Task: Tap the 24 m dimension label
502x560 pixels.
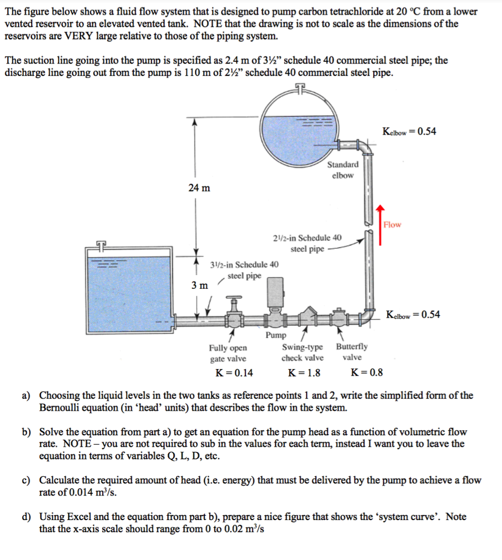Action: tap(199, 188)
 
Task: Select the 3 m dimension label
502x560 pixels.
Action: tap(199, 285)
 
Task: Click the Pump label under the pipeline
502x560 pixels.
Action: tap(275, 335)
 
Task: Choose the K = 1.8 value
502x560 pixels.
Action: tap(304, 373)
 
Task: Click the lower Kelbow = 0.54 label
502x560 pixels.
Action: tap(412, 314)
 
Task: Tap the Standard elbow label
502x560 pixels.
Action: tap(342, 170)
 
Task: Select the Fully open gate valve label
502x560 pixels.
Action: tap(228, 353)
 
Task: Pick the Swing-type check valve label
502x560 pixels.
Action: tap(302, 352)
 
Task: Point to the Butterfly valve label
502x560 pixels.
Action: tap(352, 352)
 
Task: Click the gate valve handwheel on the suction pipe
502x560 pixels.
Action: tap(235, 299)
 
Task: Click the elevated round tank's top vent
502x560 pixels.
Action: tap(299, 89)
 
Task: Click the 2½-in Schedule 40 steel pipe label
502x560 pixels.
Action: tap(307, 243)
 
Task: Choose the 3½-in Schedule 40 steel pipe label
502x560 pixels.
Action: tap(244, 270)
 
